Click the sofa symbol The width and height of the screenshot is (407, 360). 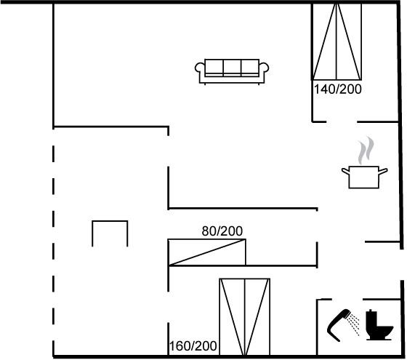pyautogui.click(x=232, y=71)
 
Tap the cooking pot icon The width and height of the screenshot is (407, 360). pyautogui.click(x=364, y=177)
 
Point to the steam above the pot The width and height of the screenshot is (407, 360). pyautogui.click(x=366, y=150)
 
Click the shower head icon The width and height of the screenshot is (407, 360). pyautogui.click(x=338, y=324)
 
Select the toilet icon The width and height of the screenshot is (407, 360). pyautogui.click(x=379, y=325)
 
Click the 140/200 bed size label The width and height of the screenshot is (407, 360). pyautogui.click(x=338, y=89)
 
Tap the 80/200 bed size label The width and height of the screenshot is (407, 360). pyautogui.click(x=222, y=231)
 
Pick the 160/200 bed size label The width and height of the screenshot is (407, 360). pyautogui.click(x=193, y=346)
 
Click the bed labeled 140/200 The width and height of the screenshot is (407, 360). pyautogui.click(x=337, y=41)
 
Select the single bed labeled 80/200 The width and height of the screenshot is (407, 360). pyautogui.click(x=207, y=252)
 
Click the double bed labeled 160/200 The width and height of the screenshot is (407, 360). pyautogui.click(x=244, y=317)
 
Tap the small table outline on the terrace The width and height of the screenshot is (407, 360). pyautogui.click(x=110, y=221)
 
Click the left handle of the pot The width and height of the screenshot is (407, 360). pyautogui.click(x=345, y=171)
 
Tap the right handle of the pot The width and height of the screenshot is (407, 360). pyautogui.click(x=384, y=171)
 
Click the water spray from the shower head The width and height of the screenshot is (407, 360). pyautogui.click(x=354, y=324)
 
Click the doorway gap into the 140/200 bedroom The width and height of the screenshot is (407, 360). pyautogui.click(x=342, y=121)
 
